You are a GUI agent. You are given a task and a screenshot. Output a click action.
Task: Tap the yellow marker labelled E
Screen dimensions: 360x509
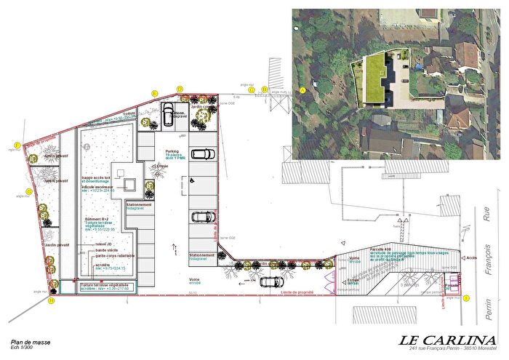(154, 93)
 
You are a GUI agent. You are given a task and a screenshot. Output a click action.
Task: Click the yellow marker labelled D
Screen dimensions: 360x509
(180, 88)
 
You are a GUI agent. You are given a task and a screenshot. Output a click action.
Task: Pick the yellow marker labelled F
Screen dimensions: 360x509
(17, 145)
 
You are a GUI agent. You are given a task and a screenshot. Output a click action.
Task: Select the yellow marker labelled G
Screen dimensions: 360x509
(29, 192)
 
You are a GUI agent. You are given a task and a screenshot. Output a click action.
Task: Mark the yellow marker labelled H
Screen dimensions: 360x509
(51, 300)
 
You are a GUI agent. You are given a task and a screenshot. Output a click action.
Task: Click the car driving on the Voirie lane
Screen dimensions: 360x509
(271, 281)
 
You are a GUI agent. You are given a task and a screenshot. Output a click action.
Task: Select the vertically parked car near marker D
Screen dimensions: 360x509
(168, 113)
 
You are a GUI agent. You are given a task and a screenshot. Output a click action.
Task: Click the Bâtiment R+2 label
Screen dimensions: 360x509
(95, 219)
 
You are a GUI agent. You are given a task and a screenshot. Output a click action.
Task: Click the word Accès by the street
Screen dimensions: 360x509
(472, 257)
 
